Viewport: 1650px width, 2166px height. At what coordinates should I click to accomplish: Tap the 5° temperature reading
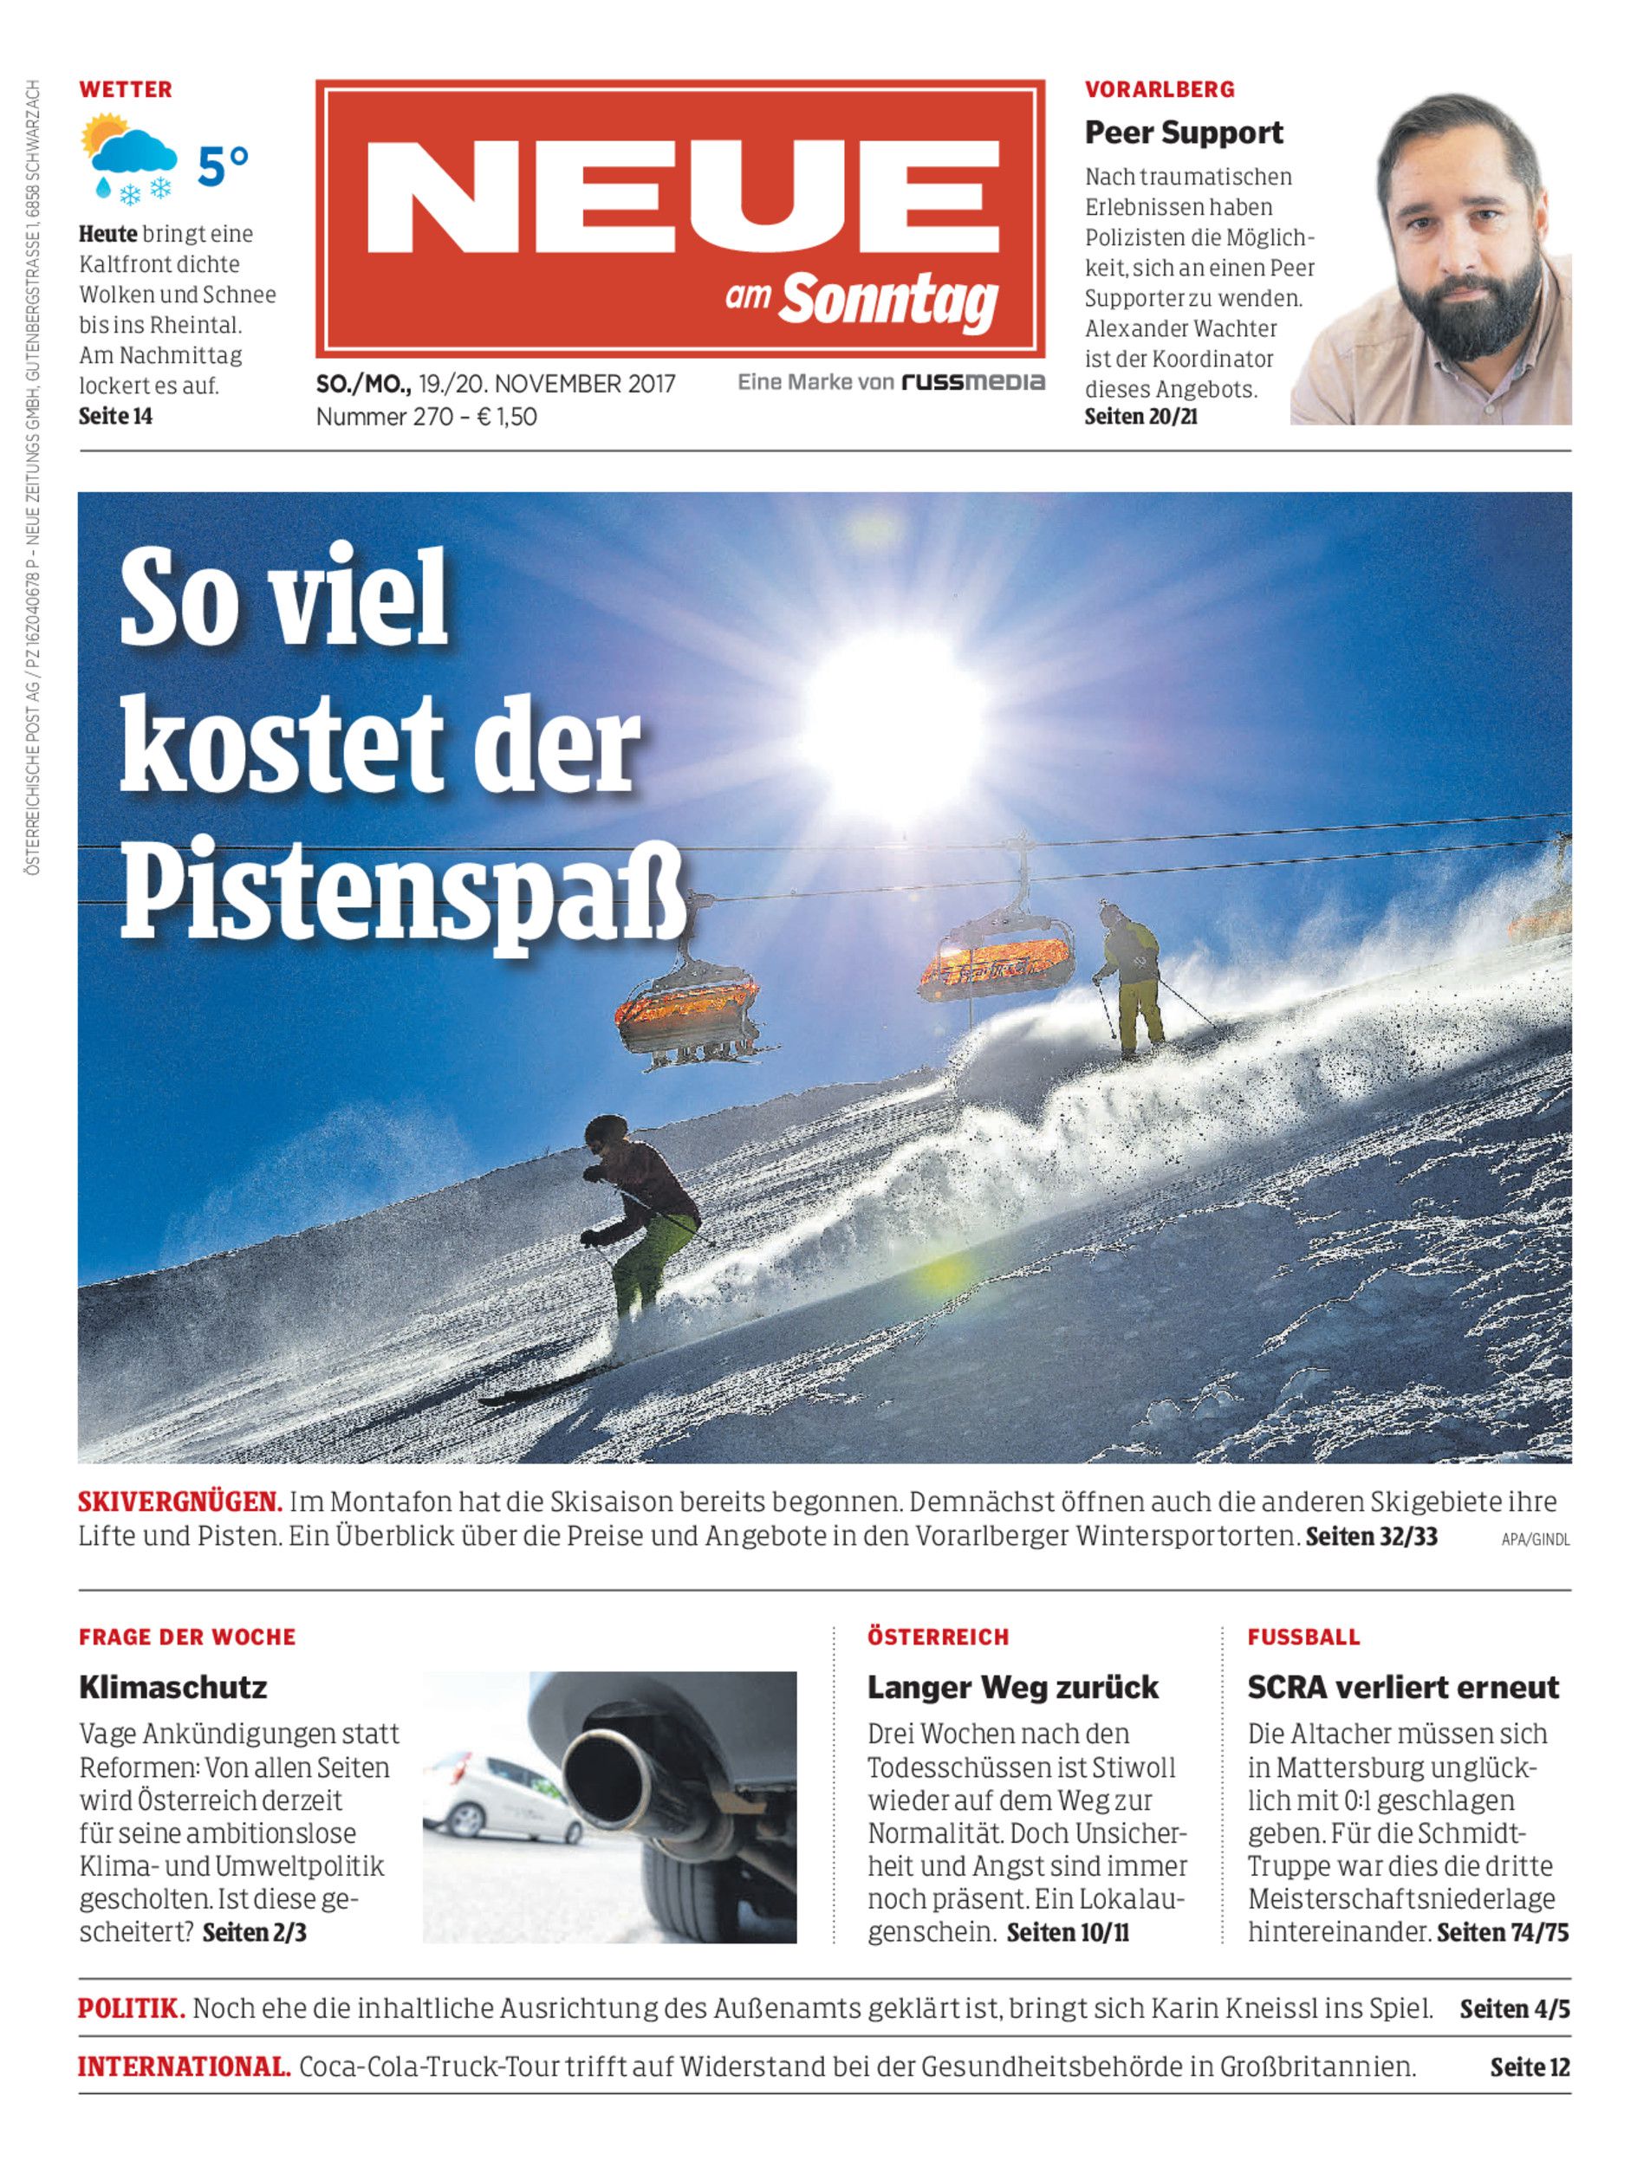[x=223, y=166]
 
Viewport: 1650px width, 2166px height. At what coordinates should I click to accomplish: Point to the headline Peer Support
[x=1184, y=133]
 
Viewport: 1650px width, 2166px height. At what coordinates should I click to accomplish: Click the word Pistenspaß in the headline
[x=403, y=893]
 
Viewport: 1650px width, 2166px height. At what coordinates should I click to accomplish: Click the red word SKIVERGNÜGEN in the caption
[x=179, y=1502]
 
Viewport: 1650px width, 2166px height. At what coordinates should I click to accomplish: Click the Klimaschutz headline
[x=172, y=1687]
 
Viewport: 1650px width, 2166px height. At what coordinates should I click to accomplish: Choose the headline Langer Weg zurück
[x=1011, y=1687]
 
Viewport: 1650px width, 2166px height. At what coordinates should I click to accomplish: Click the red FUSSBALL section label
[x=1303, y=1637]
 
